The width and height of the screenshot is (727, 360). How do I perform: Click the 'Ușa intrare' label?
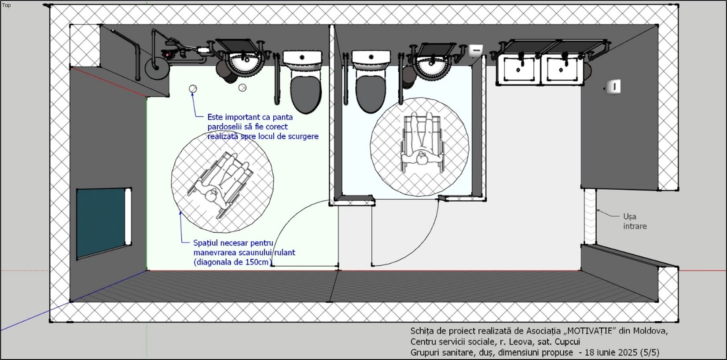(635, 221)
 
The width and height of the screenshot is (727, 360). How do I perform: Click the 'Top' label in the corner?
(6, 5)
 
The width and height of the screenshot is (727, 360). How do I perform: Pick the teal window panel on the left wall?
(101, 223)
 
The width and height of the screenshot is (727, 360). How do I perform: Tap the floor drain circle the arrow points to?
(193, 89)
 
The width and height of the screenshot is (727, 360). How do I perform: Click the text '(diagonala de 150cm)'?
(232, 262)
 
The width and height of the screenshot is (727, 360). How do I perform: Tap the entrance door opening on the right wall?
(590, 217)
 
